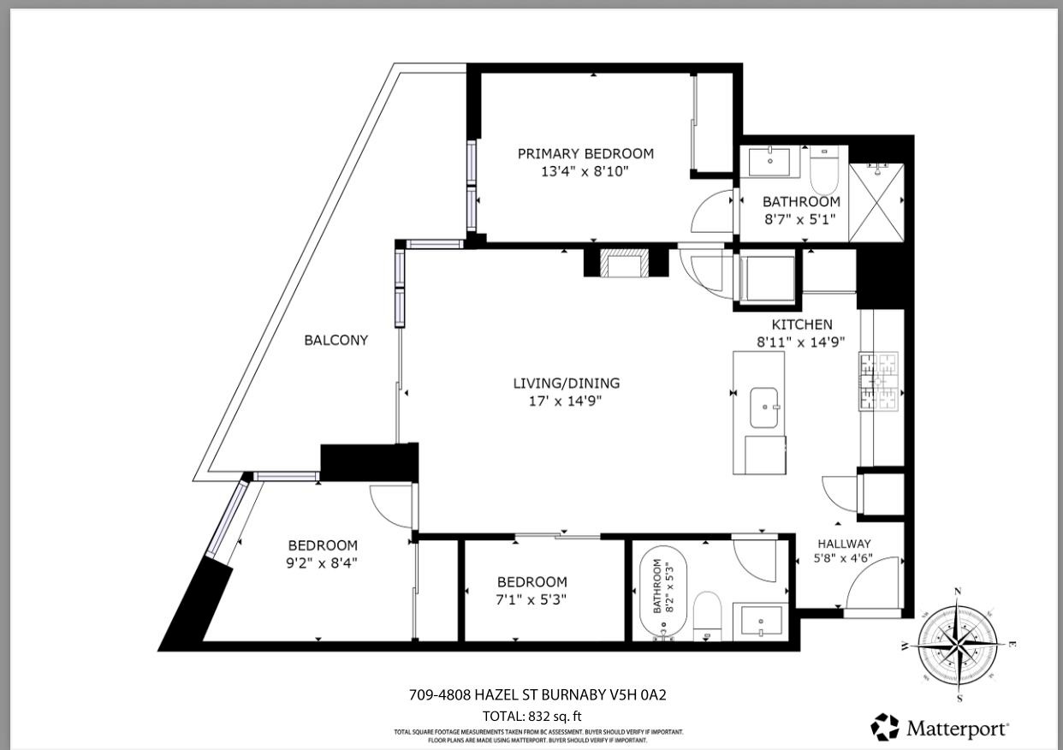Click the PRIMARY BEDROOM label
[585, 154]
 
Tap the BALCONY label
[336, 340]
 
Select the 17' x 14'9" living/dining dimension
[566, 400]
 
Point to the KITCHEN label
[801, 324]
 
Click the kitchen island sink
[764, 408]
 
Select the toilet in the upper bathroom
[825, 172]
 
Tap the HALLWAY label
[844, 544]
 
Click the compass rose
[958, 642]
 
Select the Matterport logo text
[957, 729]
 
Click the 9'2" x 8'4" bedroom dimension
[322, 562]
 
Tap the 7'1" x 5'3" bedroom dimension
[531, 599]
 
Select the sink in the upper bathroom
[771, 160]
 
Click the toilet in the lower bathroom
[708, 615]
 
